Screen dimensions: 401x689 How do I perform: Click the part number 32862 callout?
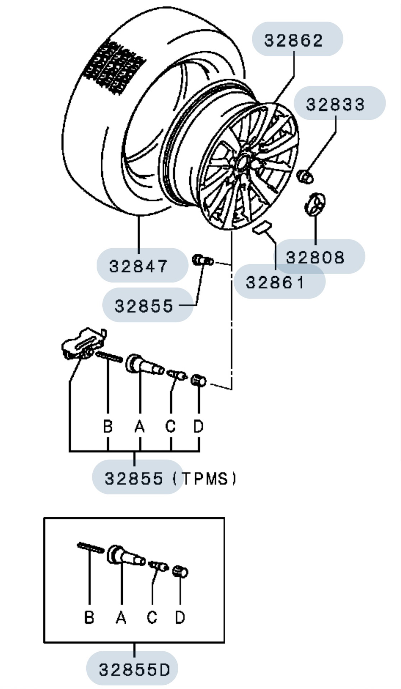pyautogui.click(x=294, y=40)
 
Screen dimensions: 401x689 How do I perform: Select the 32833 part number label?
pyautogui.click(x=335, y=104)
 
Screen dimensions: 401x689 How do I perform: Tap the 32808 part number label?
pyautogui.click(x=315, y=257)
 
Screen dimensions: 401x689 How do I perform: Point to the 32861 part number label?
pyautogui.click(x=275, y=282)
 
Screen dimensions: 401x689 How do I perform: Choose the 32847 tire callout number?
pyautogui.click(x=138, y=266)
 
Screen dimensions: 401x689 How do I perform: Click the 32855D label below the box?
pyautogui.click(x=134, y=670)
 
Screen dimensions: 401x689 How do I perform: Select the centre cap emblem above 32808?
pyautogui.click(x=315, y=205)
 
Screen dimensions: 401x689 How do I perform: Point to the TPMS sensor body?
pyautogui.click(x=82, y=343)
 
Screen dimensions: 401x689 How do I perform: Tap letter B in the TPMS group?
pyautogui.click(x=108, y=426)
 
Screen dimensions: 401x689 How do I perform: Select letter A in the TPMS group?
pyautogui.click(x=140, y=426)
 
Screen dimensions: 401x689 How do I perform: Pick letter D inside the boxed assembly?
pyautogui.click(x=180, y=617)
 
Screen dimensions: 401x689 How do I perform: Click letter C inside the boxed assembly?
pyautogui.click(x=152, y=617)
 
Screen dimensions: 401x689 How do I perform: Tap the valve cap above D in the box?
pyautogui.click(x=180, y=571)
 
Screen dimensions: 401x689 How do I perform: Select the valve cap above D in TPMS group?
pyautogui.click(x=199, y=380)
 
